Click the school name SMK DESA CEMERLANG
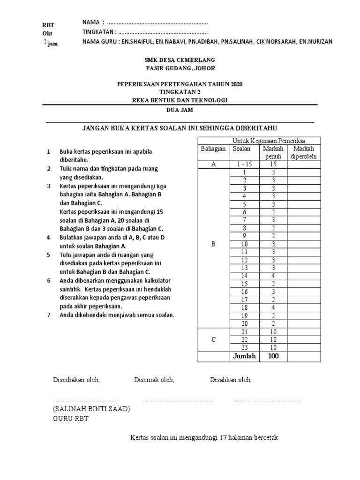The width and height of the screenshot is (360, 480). click(180, 60)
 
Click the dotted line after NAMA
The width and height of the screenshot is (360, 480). click(157, 23)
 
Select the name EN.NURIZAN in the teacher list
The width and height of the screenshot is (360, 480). click(315, 41)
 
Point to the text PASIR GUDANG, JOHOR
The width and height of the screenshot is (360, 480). click(180, 68)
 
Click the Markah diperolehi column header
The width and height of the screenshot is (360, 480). click(304, 152)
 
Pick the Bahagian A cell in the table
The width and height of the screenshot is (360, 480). click(213, 165)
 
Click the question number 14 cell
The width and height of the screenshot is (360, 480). click(244, 276)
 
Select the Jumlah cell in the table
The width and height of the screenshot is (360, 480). click(244, 356)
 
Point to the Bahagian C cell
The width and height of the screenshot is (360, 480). click(213, 340)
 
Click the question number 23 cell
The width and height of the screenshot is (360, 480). click(244, 348)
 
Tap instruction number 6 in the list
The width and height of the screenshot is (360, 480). click(48, 281)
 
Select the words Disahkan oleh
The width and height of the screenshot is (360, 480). click(231, 380)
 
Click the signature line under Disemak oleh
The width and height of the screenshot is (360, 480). click(178, 401)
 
